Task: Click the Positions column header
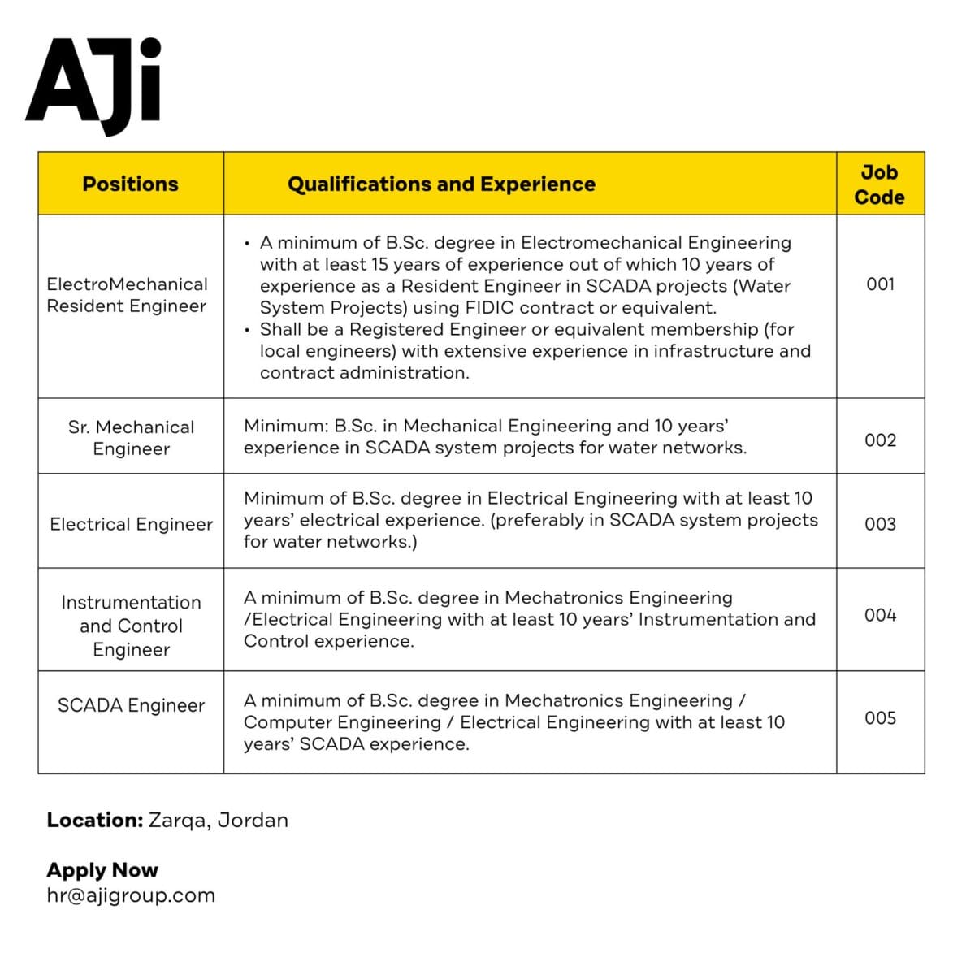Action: [130, 184]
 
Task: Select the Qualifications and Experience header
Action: [441, 184]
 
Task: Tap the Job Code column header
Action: [879, 184]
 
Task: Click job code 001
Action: [880, 284]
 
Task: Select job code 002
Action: [880, 440]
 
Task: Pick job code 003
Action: [880, 524]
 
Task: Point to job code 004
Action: [880, 615]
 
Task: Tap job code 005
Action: [880, 718]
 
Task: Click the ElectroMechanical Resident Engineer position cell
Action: [128, 295]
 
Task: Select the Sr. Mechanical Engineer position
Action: [131, 438]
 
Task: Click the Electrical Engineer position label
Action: [131, 524]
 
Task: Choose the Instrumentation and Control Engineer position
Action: [131, 626]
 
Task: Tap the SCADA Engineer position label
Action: [131, 705]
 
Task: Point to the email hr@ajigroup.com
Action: [131, 895]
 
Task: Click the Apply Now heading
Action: [102, 870]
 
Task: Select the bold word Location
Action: [94, 820]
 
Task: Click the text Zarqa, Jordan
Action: [218, 820]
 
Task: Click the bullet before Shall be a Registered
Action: [247, 331]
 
